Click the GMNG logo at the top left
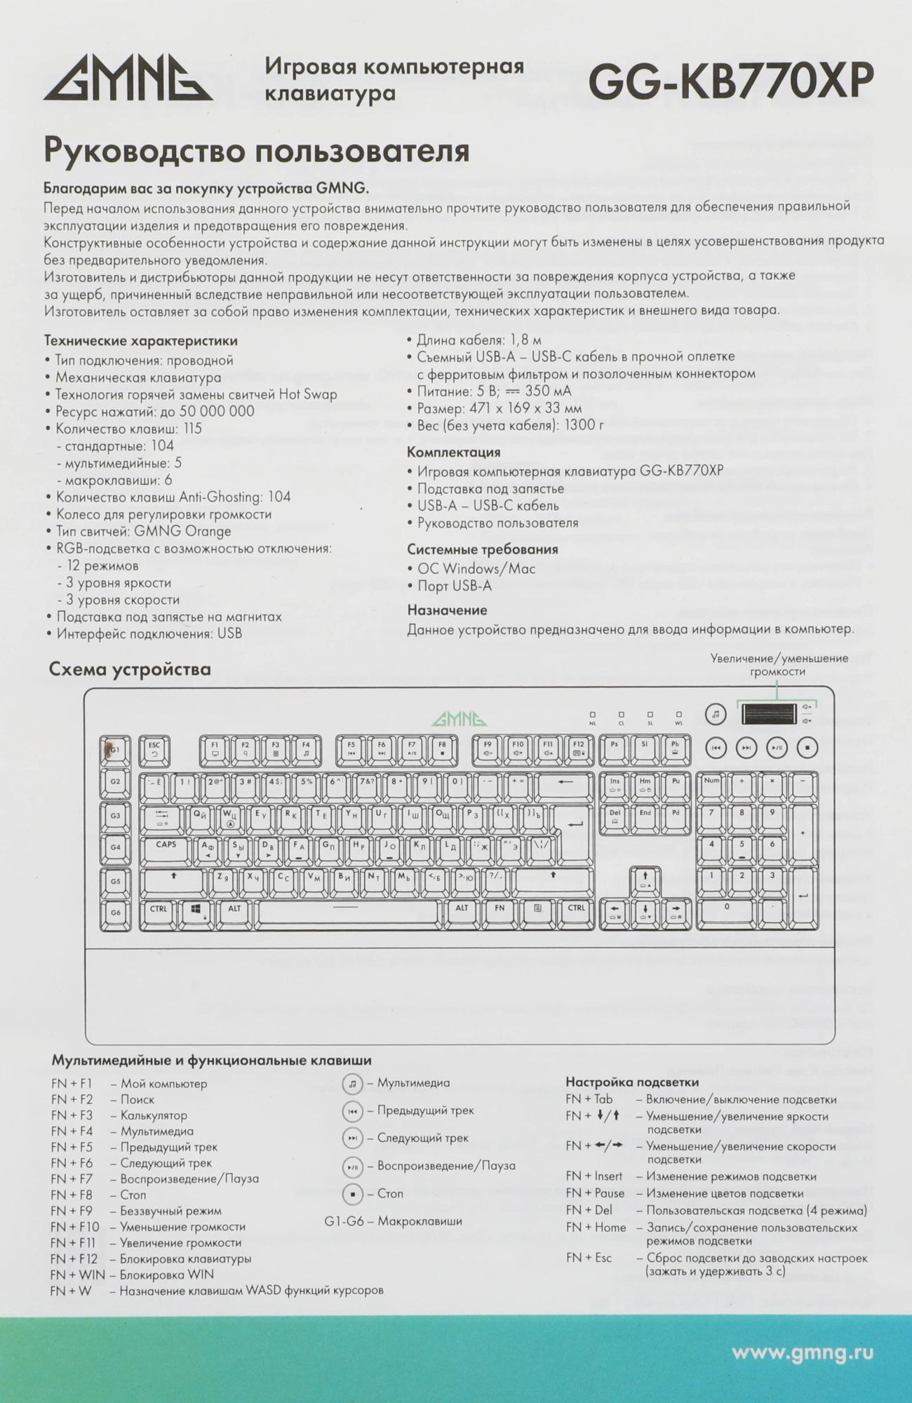128,79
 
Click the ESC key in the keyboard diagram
154,750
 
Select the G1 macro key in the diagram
115,750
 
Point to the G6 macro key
115,913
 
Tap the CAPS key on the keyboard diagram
166,849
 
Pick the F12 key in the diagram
578,750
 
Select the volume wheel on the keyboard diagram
769,714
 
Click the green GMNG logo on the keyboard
459,719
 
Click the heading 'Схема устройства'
130,669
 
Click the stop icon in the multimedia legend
352,1193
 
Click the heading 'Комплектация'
453,452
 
